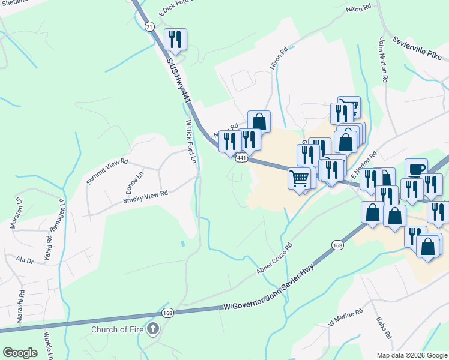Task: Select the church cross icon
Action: pos(153,329)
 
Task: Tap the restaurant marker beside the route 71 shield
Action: pos(175,39)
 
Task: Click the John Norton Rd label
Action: pos(382,60)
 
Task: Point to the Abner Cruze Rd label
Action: pos(274,259)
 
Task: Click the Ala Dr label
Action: pos(25,260)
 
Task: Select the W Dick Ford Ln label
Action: pos(190,142)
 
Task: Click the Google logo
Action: pos(20,353)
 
